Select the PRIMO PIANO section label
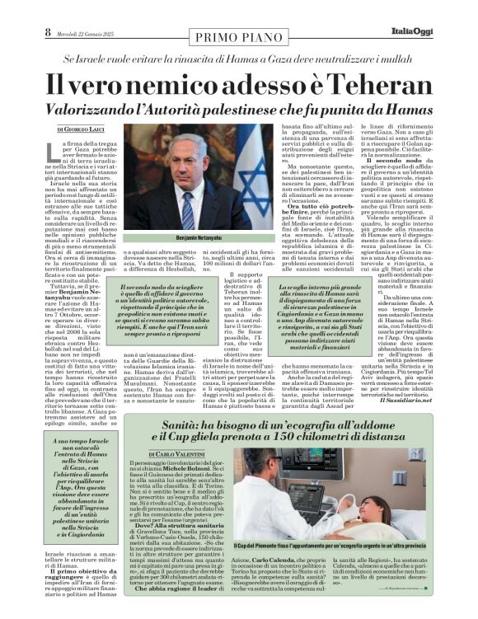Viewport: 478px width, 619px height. (x=238, y=36)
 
